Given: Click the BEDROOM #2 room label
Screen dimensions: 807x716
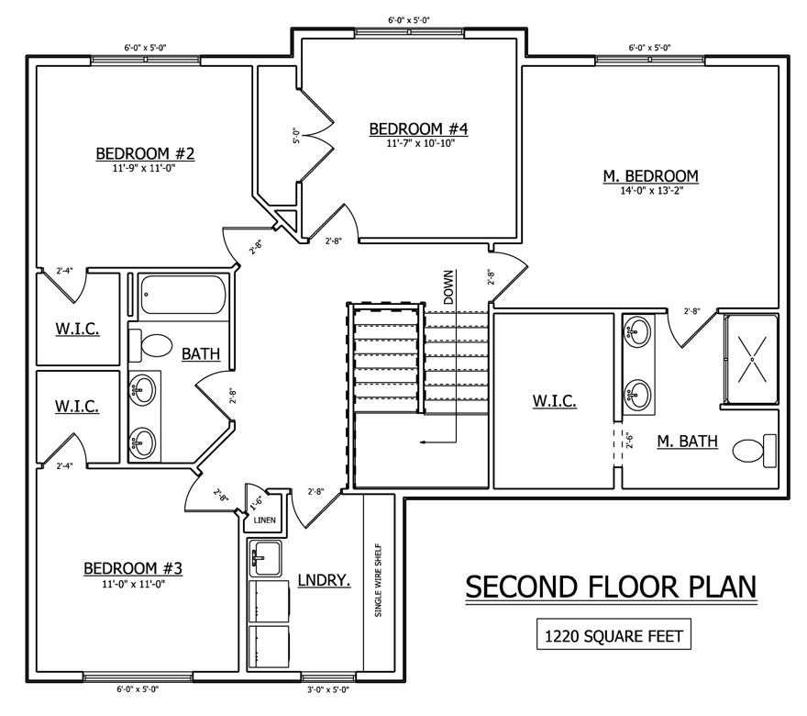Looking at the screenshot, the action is (145, 153).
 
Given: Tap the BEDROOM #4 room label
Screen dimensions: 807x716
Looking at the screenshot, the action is (418, 129).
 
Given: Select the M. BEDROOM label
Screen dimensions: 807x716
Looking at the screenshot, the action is (650, 176).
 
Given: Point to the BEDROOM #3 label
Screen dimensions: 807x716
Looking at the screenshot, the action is (133, 568).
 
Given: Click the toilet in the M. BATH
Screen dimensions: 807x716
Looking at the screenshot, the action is (754, 449).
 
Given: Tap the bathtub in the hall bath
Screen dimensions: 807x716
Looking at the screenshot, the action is (182, 296).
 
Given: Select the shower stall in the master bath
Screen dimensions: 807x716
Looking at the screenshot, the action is (752, 359).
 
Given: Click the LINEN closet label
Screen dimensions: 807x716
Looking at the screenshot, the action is (264, 520).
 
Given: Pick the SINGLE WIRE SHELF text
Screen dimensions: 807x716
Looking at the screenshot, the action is (378, 580).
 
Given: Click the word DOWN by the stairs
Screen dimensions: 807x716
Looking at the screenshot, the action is (448, 287).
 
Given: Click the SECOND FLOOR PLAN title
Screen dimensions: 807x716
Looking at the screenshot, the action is (611, 587).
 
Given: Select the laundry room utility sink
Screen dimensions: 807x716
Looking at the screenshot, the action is (265, 558).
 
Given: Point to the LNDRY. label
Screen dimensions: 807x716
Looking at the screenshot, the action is (325, 580).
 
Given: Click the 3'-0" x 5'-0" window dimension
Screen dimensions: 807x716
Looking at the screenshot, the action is (327, 689).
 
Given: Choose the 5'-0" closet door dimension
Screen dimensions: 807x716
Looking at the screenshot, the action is (296, 136).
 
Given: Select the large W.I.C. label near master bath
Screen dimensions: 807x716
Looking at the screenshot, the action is (554, 401).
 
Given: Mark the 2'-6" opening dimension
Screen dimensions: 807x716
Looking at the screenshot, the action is (629, 441).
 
